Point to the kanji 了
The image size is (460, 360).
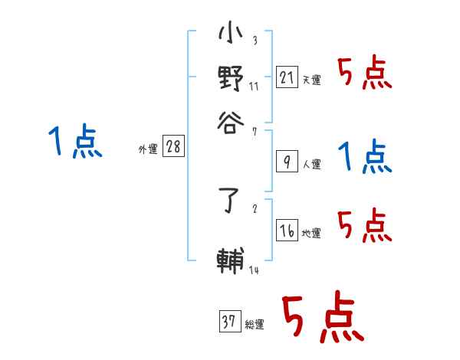(x=231, y=205)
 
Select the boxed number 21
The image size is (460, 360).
(x=286, y=77)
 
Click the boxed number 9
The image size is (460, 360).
(x=286, y=162)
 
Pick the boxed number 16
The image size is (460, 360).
(x=286, y=231)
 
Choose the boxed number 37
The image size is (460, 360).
(x=229, y=322)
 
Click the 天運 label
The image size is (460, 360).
(x=311, y=80)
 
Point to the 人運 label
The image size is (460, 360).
(x=311, y=164)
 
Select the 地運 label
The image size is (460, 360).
(x=311, y=234)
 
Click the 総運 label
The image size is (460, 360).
(x=254, y=325)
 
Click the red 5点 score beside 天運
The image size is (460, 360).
(x=365, y=74)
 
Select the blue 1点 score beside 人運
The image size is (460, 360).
(x=365, y=157)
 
